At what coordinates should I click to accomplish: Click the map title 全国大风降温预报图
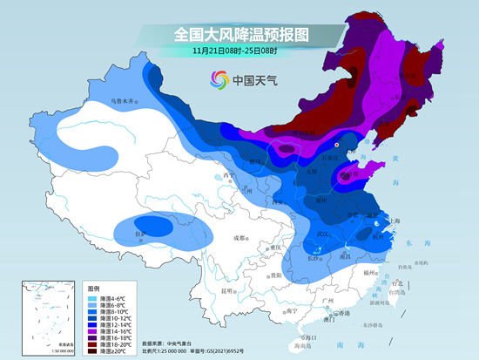(240, 35)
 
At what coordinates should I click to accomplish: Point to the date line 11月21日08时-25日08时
(240, 51)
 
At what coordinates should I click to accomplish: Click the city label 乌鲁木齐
(123, 102)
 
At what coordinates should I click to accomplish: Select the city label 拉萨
(139, 233)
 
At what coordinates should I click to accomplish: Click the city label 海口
(301, 336)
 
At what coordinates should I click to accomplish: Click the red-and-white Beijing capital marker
(337, 144)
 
